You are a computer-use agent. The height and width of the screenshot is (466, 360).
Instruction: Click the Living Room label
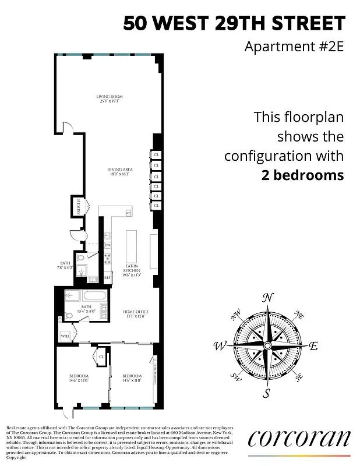click(110, 98)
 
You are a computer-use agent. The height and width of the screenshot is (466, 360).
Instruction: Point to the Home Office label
click(132, 314)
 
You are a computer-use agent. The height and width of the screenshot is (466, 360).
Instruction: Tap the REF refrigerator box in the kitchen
click(107, 278)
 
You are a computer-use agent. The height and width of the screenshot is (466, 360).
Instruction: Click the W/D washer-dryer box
click(65, 336)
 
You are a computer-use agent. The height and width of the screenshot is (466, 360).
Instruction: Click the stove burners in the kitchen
click(107, 260)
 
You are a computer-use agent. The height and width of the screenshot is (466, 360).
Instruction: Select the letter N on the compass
click(267, 298)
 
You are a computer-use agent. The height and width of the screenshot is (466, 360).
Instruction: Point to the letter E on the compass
click(313, 346)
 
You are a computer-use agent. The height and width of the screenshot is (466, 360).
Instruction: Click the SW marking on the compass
click(237, 376)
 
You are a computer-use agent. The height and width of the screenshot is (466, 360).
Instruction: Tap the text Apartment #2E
click(294, 46)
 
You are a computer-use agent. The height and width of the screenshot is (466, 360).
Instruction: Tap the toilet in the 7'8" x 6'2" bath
click(80, 257)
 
